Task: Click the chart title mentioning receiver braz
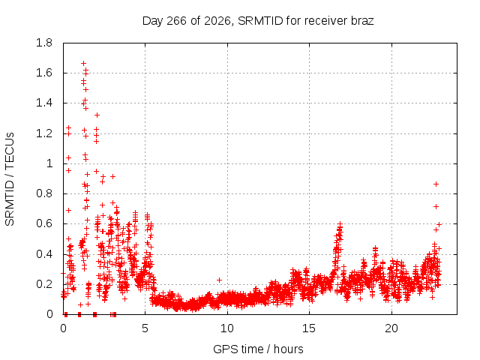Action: [258, 21]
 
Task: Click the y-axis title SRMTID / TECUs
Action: [10, 179]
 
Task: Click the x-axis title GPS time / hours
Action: [258, 349]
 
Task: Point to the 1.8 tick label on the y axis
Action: [44, 43]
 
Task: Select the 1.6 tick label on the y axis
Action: [44, 73]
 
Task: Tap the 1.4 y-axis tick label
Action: [44, 103]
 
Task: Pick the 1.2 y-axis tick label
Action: [44, 133]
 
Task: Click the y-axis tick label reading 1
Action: [49, 163]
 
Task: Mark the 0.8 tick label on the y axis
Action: [44, 193]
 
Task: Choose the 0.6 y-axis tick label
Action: [44, 223]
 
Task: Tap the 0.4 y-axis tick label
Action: [44, 254]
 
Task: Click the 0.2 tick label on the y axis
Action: [44, 284]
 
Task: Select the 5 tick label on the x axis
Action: [145, 328]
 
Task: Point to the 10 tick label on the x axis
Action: [227, 328]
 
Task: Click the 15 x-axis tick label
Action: [309, 328]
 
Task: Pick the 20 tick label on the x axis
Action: [391, 328]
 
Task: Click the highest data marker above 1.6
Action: [83, 63]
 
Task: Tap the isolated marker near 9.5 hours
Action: [219, 280]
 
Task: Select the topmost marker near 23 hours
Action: [436, 184]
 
